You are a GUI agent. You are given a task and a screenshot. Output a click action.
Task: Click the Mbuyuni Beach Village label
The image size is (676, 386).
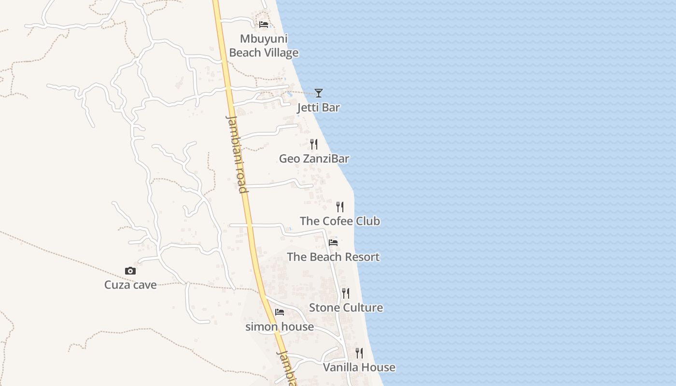(x=264, y=46)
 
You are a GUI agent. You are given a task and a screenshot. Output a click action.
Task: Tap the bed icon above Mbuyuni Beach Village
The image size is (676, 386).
(x=264, y=25)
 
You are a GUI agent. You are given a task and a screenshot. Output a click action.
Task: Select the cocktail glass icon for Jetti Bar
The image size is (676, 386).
(x=319, y=93)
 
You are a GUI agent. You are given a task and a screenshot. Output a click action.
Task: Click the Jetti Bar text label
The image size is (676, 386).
(x=318, y=108)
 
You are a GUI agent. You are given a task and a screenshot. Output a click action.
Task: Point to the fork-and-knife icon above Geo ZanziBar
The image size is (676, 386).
(x=314, y=144)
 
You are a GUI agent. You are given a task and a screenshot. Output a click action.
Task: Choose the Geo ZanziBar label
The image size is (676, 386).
(x=314, y=159)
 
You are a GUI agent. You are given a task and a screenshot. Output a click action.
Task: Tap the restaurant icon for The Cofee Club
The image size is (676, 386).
(x=340, y=207)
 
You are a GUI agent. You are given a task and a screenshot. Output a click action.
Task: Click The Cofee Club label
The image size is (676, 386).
(x=340, y=221)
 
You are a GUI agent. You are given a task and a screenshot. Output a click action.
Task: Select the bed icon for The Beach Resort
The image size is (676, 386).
(x=333, y=242)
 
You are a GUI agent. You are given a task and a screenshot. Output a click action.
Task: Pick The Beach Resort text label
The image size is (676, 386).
(x=333, y=257)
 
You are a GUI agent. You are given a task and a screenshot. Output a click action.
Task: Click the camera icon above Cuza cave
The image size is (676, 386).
(x=130, y=271)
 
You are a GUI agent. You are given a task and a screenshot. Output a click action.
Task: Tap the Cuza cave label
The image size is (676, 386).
(x=130, y=285)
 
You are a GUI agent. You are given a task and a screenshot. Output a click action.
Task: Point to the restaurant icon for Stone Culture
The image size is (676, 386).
(x=346, y=293)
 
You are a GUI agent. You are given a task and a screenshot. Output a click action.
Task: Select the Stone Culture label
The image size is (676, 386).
(x=346, y=307)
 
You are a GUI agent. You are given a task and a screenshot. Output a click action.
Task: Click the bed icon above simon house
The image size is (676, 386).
(x=280, y=312)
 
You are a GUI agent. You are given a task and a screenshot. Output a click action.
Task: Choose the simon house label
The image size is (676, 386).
(x=280, y=327)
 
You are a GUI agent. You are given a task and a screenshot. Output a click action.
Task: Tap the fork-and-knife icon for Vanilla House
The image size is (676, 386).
(x=359, y=353)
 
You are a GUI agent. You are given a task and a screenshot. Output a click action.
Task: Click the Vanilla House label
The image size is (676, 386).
(x=359, y=367)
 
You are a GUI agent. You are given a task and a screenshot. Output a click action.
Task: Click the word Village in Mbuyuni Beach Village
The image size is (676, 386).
(x=280, y=53)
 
